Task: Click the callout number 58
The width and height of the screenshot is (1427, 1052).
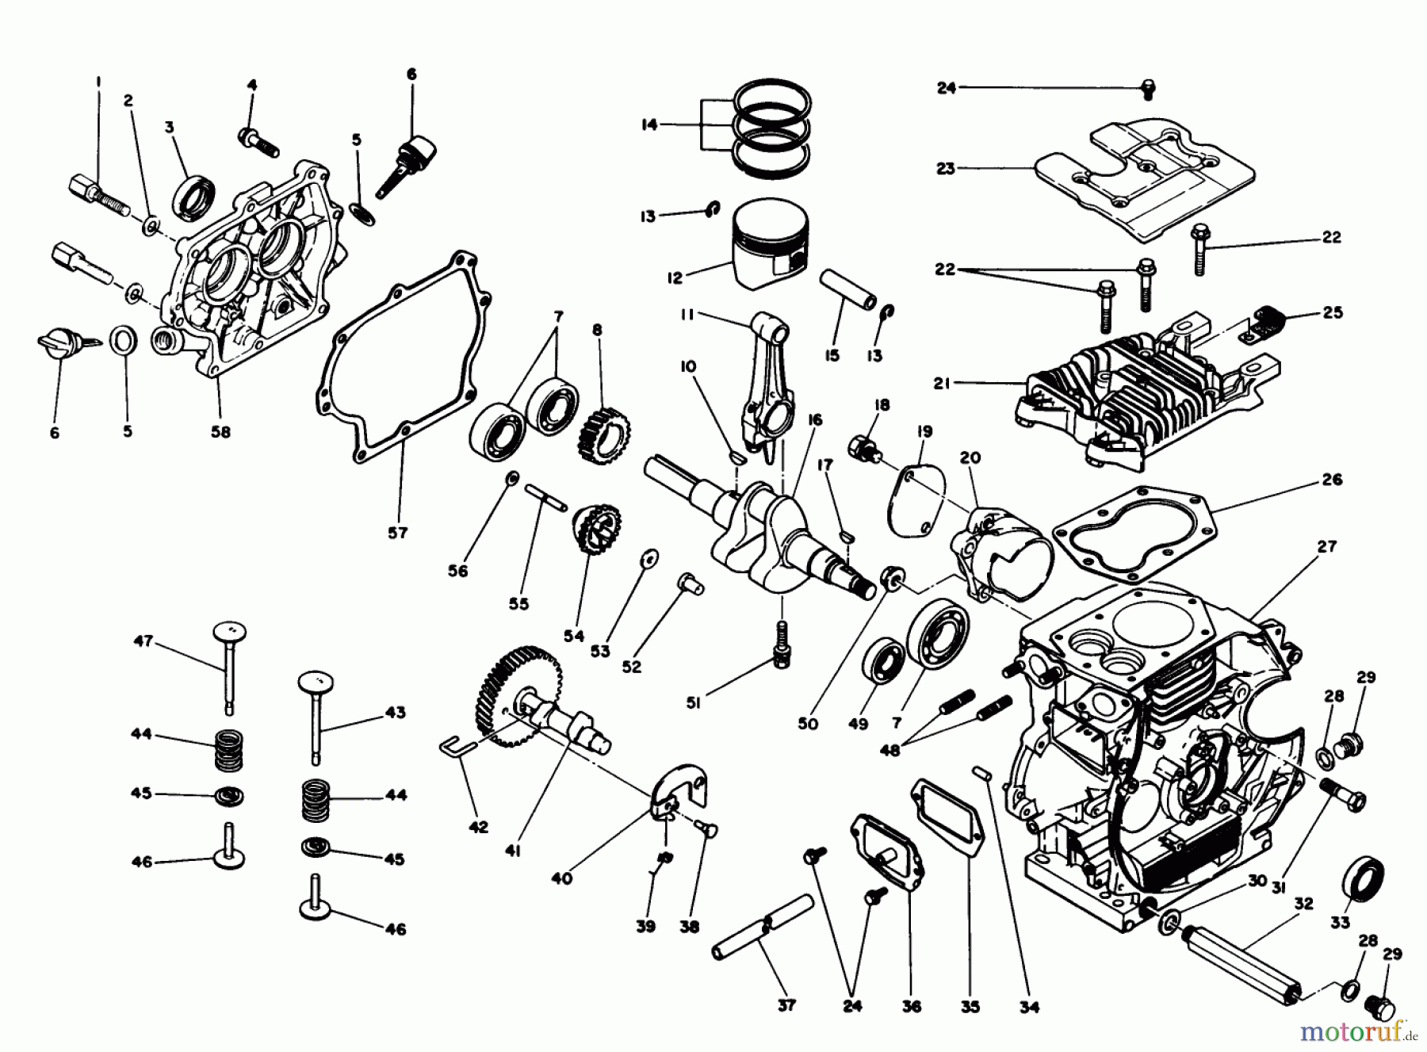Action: (x=220, y=432)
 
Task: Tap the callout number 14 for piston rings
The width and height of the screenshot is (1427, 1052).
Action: (x=649, y=125)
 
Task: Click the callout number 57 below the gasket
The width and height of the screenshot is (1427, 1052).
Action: (x=398, y=533)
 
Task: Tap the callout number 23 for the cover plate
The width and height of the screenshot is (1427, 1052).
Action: (x=946, y=168)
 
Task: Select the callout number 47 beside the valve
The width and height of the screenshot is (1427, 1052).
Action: (x=143, y=641)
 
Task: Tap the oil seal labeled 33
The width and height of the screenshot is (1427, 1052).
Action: (x=1364, y=881)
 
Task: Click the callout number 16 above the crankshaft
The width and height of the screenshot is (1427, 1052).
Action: (x=814, y=420)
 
